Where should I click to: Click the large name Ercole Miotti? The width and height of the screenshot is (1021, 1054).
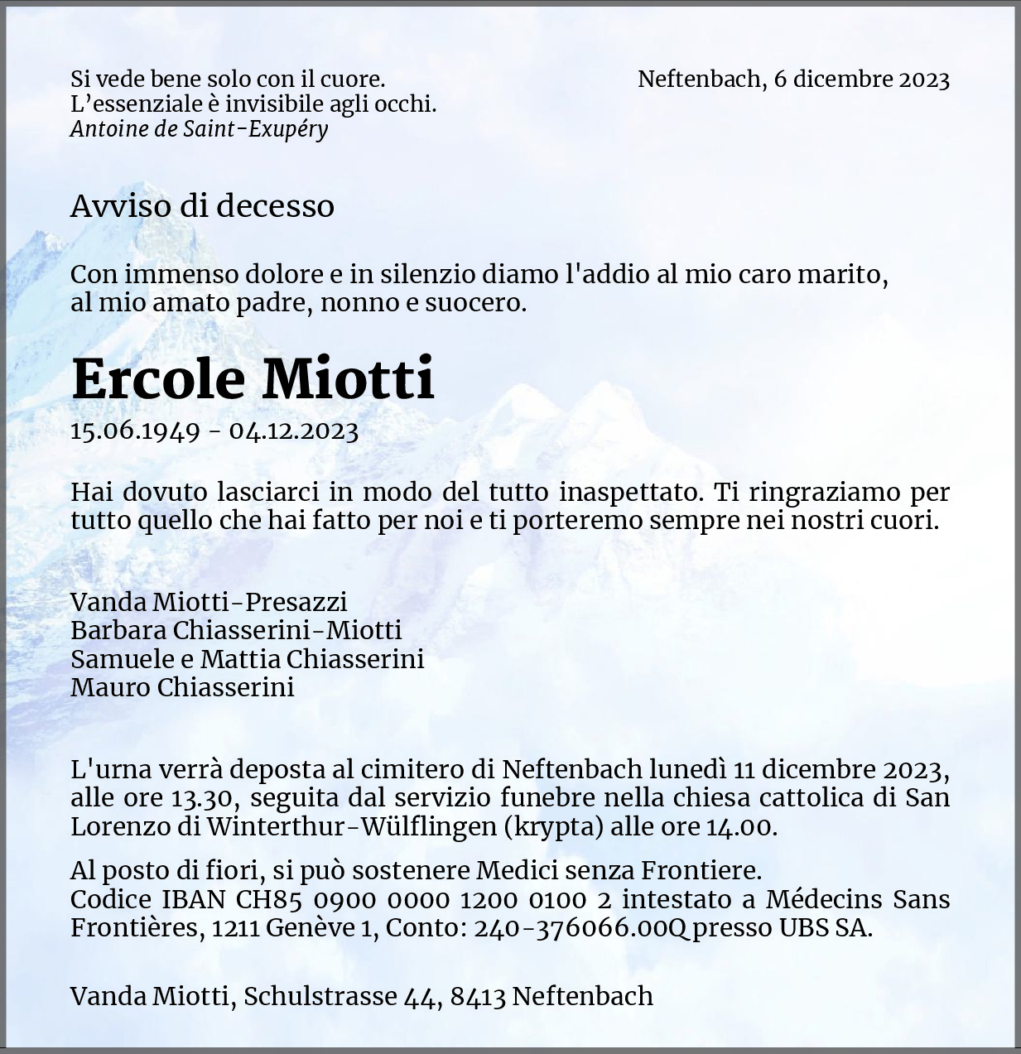click(x=253, y=378)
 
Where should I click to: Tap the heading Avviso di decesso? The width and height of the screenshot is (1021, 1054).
click(x=202, y=205)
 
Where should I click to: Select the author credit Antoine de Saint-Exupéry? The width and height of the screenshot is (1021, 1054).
click(x=199, y=129)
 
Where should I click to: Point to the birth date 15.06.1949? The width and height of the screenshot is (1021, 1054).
click(x=135, y=431)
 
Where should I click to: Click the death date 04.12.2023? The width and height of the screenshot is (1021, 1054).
click(x=294, y=431)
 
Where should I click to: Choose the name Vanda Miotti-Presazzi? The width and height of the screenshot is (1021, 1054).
click(x=209, y=602)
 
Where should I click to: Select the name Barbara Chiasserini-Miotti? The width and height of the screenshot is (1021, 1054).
click(x=236, y=630)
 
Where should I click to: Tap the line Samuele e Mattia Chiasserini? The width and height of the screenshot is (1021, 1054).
click(x=247, y=659)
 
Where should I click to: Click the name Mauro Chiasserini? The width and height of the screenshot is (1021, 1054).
click(x=182, y=687)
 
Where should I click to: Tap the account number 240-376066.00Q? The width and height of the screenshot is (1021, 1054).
click(x=580, y=928)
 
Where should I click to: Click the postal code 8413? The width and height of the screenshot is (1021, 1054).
click(x=478, y=996)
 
